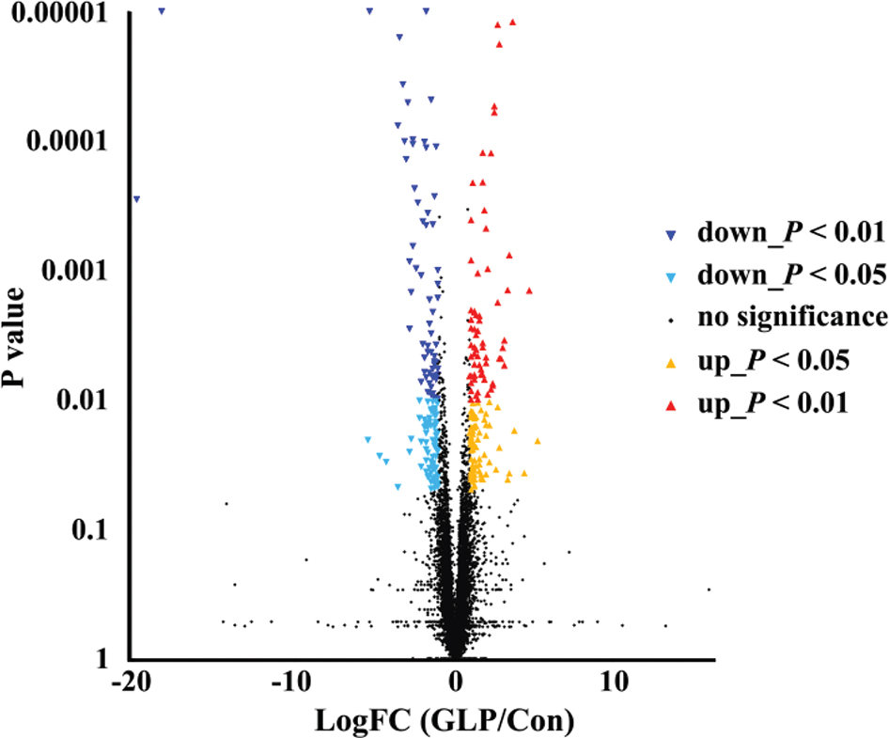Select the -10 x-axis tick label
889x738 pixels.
292,680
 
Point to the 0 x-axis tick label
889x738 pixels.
455,680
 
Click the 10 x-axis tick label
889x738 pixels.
615,680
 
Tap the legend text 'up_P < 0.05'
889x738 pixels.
773,361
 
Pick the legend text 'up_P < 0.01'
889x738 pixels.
773,404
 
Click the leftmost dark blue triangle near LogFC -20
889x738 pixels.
136,199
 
